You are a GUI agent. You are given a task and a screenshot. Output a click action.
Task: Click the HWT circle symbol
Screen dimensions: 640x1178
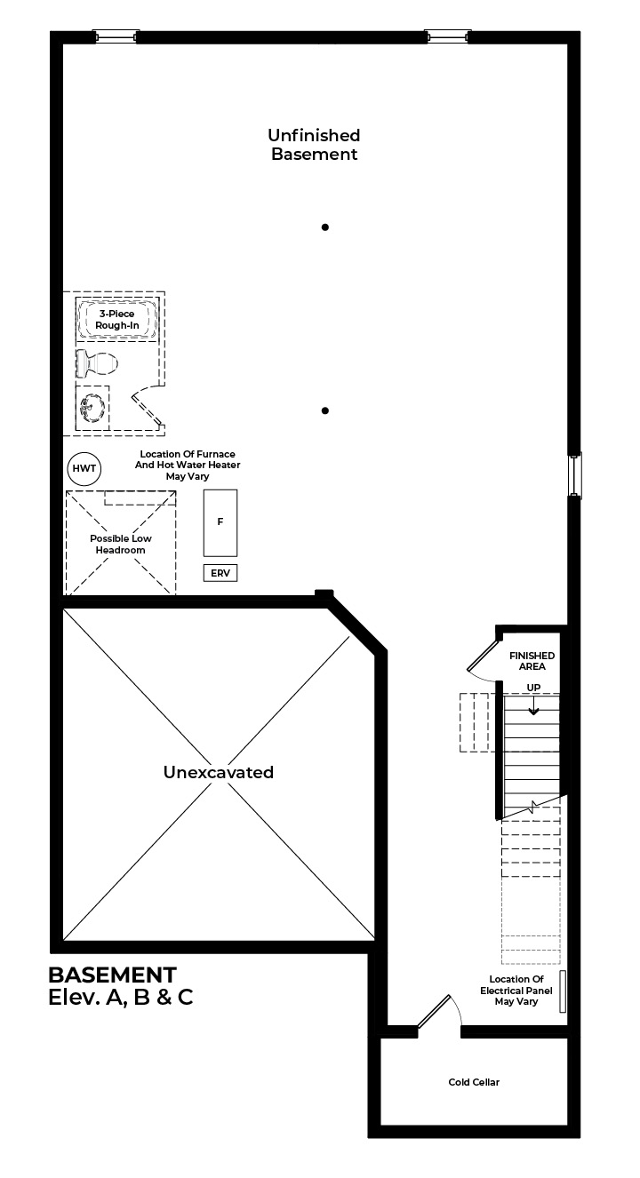[84, 468]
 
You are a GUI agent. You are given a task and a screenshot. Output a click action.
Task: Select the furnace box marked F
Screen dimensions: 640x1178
[220, 522]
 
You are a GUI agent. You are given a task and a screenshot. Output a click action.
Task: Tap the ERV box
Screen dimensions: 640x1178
[220, 573]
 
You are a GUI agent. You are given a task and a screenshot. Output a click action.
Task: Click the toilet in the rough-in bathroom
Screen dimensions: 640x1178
[96, 362]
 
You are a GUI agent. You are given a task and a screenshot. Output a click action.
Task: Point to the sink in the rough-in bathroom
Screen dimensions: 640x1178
[92, 408]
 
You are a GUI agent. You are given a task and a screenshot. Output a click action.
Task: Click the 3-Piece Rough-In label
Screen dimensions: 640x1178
[116, 320]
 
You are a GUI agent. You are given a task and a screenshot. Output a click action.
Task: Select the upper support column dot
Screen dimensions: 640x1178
[325, 227]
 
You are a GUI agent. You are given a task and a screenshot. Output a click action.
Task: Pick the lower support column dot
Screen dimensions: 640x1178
[325, 410]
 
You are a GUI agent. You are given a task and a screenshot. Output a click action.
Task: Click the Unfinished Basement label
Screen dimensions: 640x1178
[314, 145]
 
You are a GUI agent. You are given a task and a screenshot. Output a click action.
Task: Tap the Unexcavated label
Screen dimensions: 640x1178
[219, 772]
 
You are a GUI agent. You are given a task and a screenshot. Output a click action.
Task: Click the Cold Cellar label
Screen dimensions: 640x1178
[474, 1082]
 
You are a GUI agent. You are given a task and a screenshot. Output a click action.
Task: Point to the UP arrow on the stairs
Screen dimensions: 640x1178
[533, 704]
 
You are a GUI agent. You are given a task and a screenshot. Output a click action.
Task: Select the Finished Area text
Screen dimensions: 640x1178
[532, 661]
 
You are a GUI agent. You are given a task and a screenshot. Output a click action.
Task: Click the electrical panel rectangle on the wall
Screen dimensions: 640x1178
[563, 991]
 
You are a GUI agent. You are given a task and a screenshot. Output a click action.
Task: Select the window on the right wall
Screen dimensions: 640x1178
[575, 475]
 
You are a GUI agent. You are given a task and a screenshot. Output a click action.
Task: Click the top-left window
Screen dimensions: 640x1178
[116, 36]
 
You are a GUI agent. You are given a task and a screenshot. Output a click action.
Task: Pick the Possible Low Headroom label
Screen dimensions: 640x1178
[121, 545]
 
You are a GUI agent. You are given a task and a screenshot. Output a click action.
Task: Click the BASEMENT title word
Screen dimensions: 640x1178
[112, 975]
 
